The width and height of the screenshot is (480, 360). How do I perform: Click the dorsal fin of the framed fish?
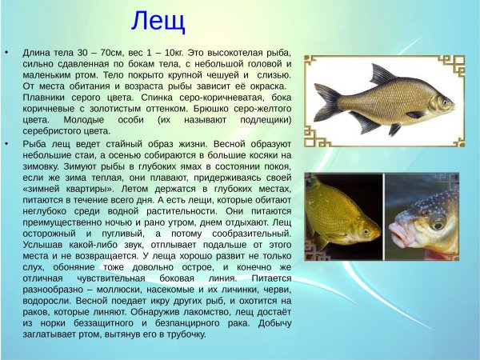point(382,77)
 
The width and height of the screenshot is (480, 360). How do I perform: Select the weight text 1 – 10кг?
point(169,50)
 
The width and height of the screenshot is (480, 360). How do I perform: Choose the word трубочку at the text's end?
point(185,334)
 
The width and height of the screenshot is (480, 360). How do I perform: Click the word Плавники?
point(44,98)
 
